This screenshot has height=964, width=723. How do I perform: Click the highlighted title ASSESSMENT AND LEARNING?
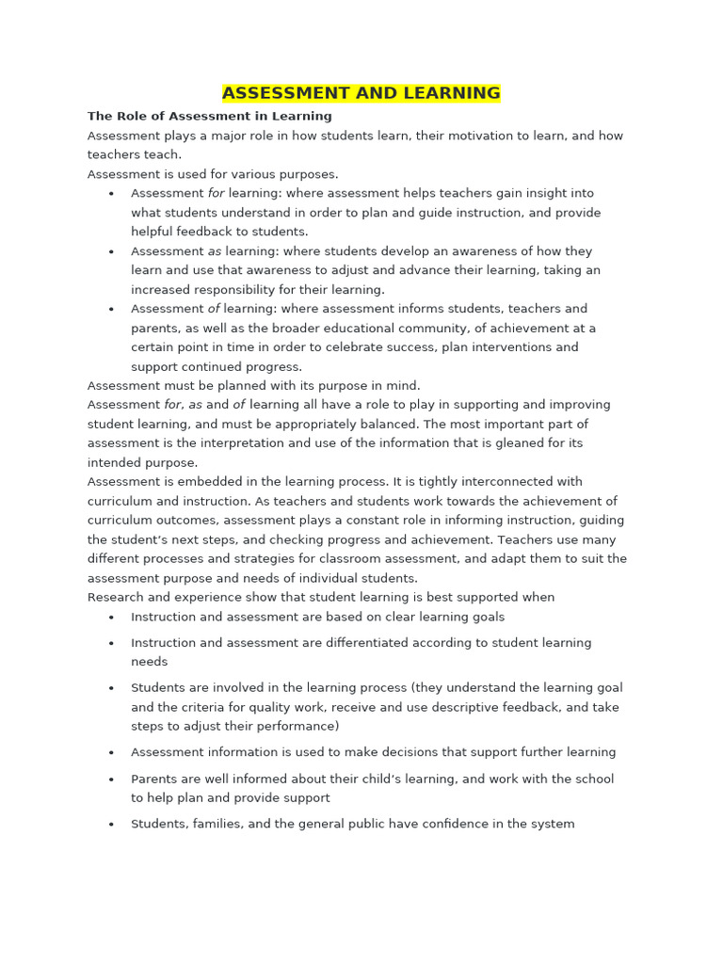pyautogui.click(x=361, y=93)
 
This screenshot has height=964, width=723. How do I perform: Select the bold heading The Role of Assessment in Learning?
pyautogui.click(x=209, y=117)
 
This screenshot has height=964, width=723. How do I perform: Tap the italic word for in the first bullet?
pyautogui.click(x=217, y=193)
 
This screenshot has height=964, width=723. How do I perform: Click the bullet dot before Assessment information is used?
pyautogui.click(x=111, y=753)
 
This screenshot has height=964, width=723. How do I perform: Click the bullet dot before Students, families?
pyautogui.click(x=111, y=825)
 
